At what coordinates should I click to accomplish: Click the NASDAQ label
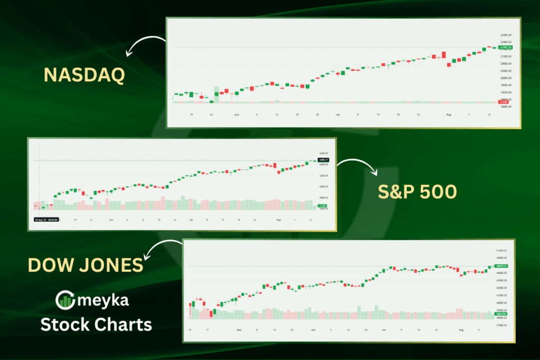[x=84, y=75]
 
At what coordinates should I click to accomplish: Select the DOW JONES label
[x=85, y=265]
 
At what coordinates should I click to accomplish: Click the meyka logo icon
[x=65, y=301]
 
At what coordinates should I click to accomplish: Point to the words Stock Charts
[x=97, y=324]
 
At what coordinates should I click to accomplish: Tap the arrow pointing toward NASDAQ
[x=144, y=45]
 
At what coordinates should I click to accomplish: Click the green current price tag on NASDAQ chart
[x=505, y=47]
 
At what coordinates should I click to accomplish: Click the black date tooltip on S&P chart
[x=46, y=219]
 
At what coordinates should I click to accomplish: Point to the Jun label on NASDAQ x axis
[x=236, y=114]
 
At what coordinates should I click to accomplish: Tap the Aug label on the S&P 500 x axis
[x=278, y=219]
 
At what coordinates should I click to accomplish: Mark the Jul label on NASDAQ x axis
[x=337, y=114]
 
